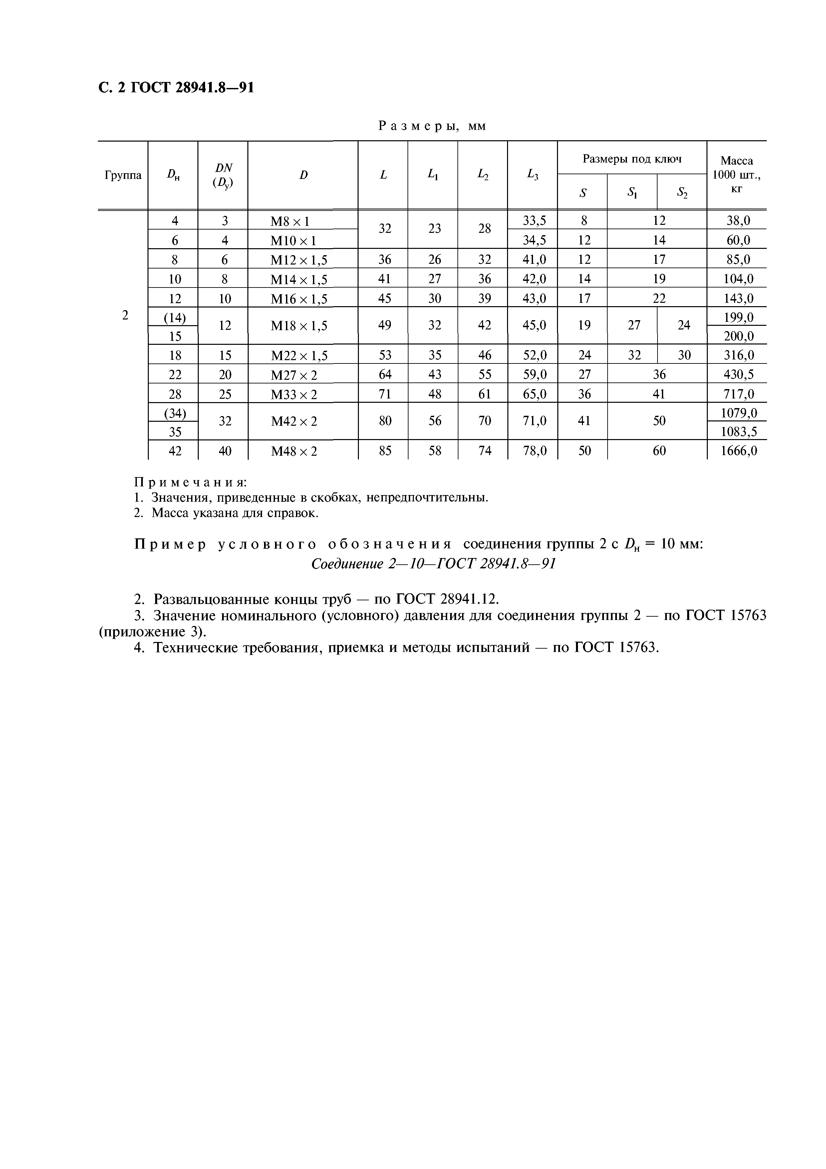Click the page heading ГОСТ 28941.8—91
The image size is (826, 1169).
(x=175, y=88)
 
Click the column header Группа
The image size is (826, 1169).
(x=123, y=175)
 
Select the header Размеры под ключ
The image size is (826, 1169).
(x=632, y=159)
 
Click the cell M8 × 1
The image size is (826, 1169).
(x=290, y=221)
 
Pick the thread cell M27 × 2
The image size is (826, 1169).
(x=294, y=375)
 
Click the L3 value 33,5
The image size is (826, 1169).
(x=534, y=221)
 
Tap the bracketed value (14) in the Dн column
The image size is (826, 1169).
(x=174, y=318)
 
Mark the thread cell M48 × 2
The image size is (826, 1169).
(x=294, y=451)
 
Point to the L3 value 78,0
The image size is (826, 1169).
(x=534, y=451)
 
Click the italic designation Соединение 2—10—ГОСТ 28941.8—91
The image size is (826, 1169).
(x=432, y=564)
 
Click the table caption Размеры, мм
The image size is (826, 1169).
(x=432, y=126)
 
